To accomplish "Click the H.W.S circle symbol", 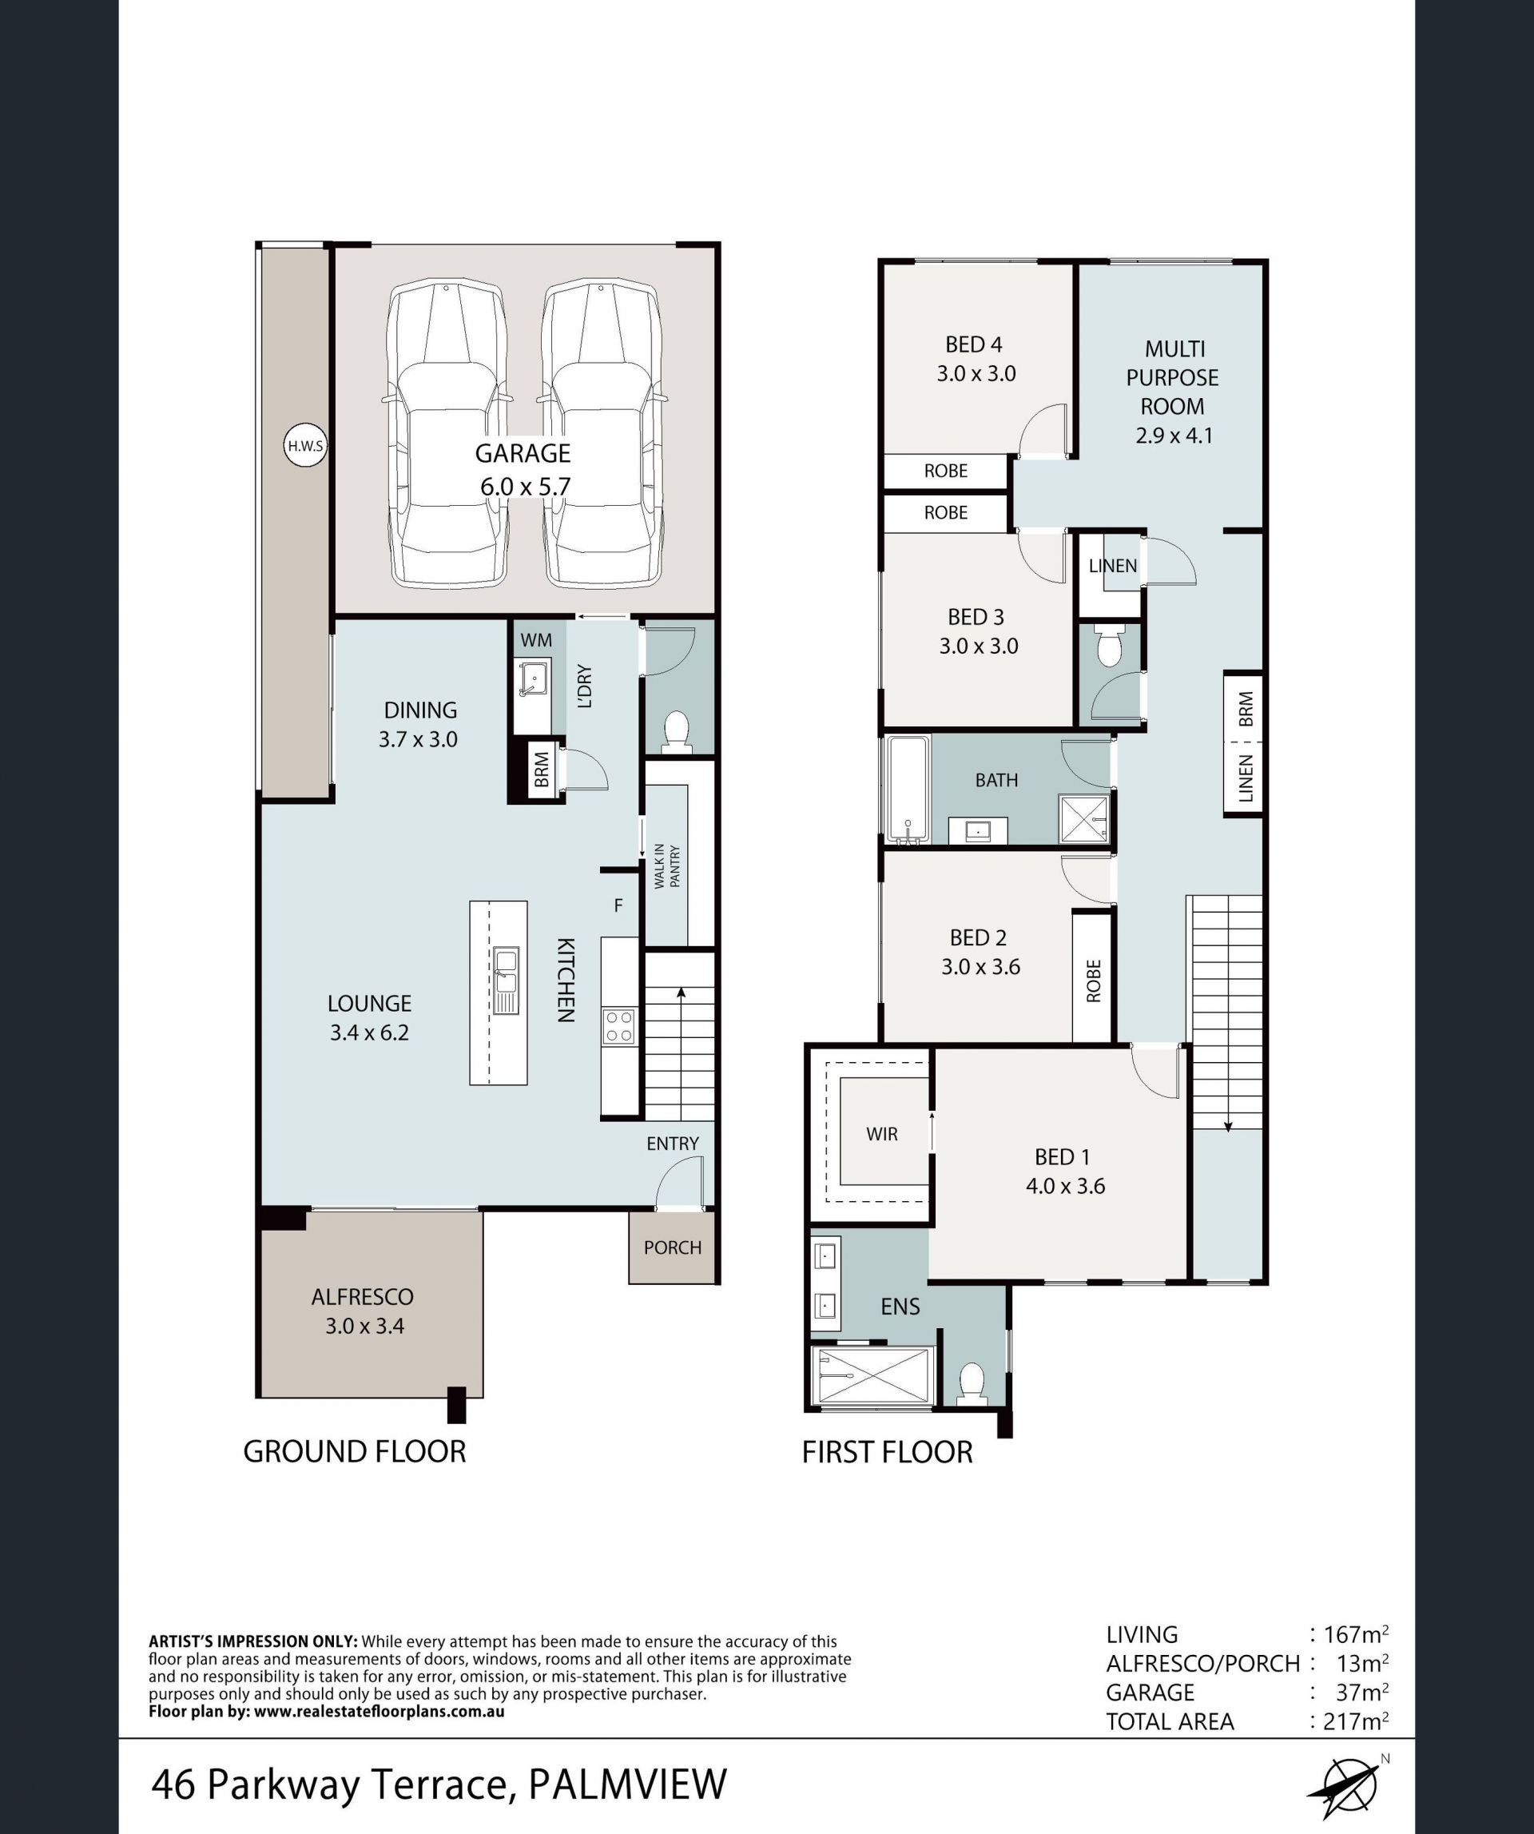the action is (305, 446).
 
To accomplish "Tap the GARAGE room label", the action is (523, 453).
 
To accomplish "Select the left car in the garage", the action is (447, 433).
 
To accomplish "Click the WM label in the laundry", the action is (536, 640).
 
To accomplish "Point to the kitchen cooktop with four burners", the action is (620, 1026).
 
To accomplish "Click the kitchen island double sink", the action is (506, 981).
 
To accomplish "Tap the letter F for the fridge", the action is (618, 905).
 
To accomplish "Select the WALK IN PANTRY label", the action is (667, 865).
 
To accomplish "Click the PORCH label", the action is (672, 1247).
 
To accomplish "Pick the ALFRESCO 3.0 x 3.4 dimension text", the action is (365, 1326).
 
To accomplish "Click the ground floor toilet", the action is (677, 731).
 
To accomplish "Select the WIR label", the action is (882, 1134).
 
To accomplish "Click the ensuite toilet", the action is (971, 1383).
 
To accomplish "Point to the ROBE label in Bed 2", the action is (1093, 981).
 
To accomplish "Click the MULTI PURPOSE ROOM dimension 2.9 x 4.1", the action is (1174, 435).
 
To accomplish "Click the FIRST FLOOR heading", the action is (887, 1452).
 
